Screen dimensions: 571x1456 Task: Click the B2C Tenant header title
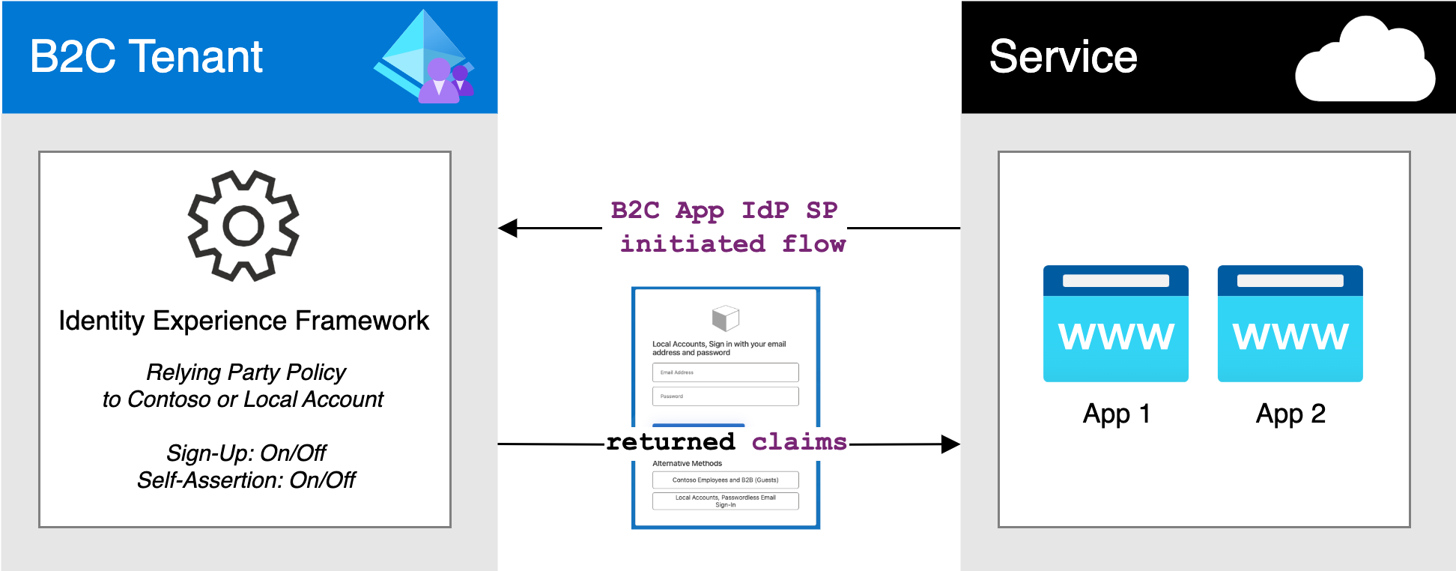[146, 57]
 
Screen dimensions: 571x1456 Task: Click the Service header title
[1063, 57]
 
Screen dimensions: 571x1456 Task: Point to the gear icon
[243, 226]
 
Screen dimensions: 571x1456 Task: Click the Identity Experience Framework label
[243, 321]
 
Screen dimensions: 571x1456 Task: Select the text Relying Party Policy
[246, 372]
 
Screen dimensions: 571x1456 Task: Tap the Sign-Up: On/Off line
[246, 453]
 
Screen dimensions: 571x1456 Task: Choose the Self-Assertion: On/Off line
[246, 480]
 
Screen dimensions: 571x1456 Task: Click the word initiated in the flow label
[692, 244]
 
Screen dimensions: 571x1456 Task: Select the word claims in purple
[799, 442]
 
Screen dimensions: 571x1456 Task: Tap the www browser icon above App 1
[1115, 324]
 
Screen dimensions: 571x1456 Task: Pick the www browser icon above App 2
[1290, 324]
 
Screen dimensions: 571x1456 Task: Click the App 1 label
[1116, 414]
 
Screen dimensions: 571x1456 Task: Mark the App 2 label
[1290, 414]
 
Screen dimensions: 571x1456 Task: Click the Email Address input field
[725, 372]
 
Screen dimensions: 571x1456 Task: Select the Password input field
[725, 396]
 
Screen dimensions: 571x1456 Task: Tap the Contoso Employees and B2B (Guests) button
[725, 480]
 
